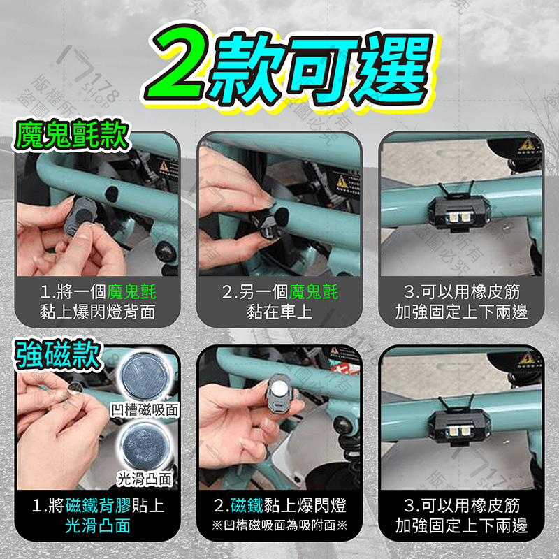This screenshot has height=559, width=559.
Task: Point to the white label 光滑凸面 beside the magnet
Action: point(145,479)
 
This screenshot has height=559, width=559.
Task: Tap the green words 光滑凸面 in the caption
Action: point(98,526)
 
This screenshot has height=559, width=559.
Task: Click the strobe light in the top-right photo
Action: point(461,212)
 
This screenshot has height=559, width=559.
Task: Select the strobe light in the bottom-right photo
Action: point(461,426)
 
